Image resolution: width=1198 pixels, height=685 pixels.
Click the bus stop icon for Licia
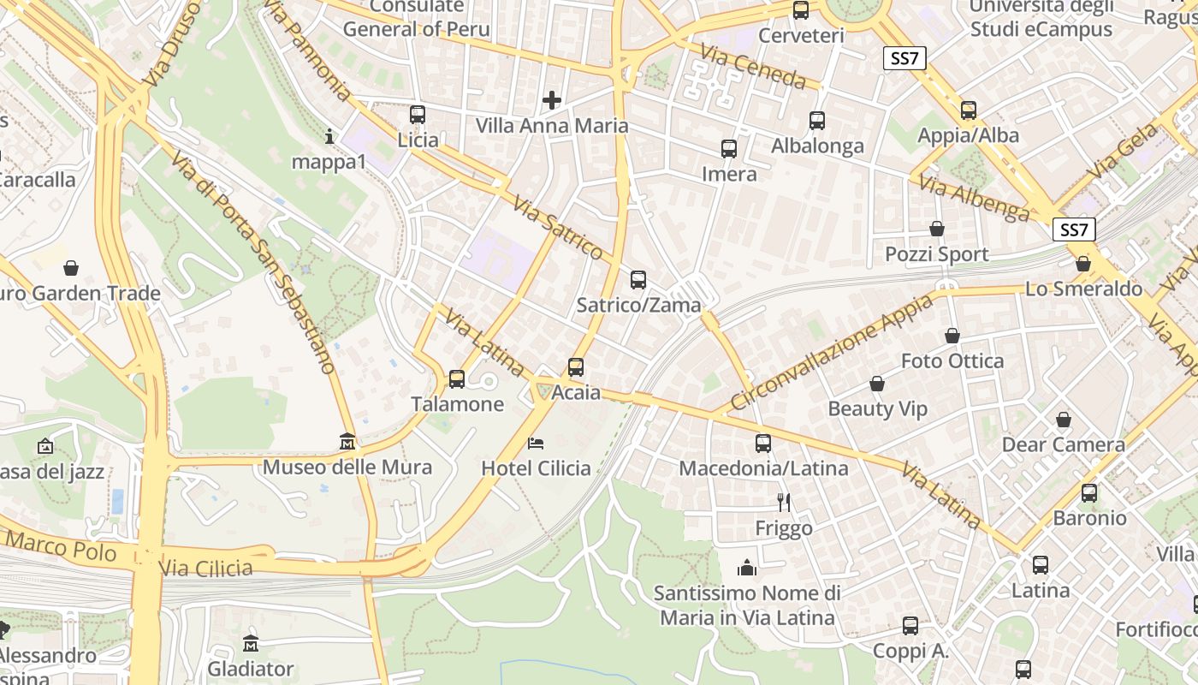[x=418, y=114]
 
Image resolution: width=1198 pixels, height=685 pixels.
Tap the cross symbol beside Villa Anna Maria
[x=552, y=100]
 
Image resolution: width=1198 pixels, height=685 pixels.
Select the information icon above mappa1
[x=330, y=135]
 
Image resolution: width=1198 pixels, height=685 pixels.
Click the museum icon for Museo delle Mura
[x=347, y=441]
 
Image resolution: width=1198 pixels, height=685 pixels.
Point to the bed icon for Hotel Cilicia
[x=536, y=443]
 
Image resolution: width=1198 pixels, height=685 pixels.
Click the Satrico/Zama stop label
[x=638, y=305]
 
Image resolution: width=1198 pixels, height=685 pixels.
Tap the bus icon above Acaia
[x=576, y=367]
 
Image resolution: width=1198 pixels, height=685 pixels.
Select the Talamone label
[x=457, y=404]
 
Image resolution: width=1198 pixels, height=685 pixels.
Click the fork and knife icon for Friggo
[x=783, y=502]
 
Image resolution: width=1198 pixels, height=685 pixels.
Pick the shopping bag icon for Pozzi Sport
[x=937, y=229]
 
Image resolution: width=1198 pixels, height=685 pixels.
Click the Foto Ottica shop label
[x=952, y=361]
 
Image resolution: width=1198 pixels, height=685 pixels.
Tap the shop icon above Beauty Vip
[x=877, y=384]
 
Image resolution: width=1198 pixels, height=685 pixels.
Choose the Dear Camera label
[x=1063, y=445]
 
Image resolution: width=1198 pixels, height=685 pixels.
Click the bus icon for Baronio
[x=1089, y=493]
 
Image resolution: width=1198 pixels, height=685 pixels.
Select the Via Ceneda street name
[x=753, y=67]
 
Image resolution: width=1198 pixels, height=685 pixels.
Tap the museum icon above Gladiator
[x=251, y=643]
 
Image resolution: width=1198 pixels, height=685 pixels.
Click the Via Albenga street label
[x=974, y=198]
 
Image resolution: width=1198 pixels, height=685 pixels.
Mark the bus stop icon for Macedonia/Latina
[x=763, y=444]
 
